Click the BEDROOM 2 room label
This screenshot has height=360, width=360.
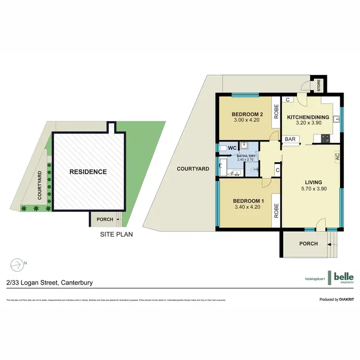(x=248, y=114)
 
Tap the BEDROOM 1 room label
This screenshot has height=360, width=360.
(x=248, y=201)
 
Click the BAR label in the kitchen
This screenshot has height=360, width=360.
(x=290, y=139)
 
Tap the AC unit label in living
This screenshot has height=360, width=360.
(x=337, y=156)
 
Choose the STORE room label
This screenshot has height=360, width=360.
(x=318, y=86)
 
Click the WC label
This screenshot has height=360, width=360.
(x=232, y=147)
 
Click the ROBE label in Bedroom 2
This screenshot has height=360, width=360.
(x=276, y=112)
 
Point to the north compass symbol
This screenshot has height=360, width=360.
(x=17, y=263)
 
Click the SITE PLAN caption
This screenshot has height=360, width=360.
(x=116, y=235)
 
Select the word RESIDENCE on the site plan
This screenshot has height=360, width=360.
(x=88, y=171)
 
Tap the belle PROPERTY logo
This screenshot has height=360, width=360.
(x=344, y=277)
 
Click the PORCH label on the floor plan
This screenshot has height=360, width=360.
(x=309, y=243)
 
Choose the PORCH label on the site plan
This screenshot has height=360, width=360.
(x=105, y=219)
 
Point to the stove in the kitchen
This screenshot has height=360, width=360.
(x=324, y=138)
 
